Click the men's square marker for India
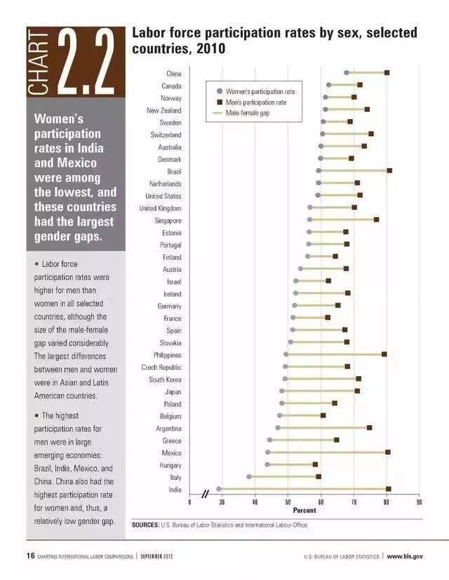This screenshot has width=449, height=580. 388,489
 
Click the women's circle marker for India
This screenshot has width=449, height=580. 219,489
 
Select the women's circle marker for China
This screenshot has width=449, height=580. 347,73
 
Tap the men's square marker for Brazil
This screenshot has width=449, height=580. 389,170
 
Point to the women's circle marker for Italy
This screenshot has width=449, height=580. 249,476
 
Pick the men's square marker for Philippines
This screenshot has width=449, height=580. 384,354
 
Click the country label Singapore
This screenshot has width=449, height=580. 166,221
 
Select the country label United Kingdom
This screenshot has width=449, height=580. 160,208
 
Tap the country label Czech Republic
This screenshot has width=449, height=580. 161,367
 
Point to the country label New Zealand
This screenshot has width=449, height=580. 163,111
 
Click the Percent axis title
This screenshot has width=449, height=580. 304,511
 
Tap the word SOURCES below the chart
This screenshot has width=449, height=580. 145,524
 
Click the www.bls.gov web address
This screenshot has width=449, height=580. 405,556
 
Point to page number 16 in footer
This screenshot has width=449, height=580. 31,556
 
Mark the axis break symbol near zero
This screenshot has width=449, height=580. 206,495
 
